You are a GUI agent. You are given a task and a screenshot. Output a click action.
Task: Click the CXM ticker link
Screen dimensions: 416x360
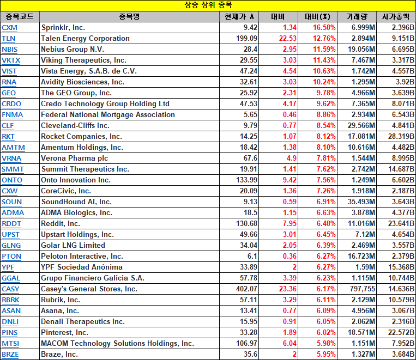(10, 28)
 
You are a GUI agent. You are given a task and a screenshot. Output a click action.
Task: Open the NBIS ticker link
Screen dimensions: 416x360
(10, 50)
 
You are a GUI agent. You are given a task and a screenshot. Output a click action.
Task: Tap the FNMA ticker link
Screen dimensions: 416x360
(12, 115)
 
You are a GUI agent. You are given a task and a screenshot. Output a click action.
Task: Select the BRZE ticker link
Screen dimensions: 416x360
(10, 355)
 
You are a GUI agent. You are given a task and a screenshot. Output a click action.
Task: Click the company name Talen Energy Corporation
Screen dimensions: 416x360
(85, 39)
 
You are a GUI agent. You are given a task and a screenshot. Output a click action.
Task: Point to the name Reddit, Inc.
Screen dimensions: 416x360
(60, 224)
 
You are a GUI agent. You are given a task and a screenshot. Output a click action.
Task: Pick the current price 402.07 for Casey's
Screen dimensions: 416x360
(246, 289)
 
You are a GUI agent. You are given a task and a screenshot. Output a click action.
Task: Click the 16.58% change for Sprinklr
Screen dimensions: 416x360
(324, 28)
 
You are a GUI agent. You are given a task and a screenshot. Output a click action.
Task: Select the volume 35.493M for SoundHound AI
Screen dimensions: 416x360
(361, 202)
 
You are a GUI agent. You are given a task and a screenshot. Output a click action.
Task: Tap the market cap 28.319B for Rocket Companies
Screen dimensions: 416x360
(401, 137)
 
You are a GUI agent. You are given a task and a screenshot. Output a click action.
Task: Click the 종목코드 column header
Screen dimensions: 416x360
(20, 17)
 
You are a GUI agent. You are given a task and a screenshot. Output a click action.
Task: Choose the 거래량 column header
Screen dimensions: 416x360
(357, 17)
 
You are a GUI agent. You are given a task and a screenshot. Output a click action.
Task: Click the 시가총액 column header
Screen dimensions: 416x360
(396, 17)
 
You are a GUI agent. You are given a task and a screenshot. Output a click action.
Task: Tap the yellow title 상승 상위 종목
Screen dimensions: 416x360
(208, 5)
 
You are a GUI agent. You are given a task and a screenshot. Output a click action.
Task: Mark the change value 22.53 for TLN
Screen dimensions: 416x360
(287, 39)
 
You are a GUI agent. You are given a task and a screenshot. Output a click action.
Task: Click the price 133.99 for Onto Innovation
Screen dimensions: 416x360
(246, 180)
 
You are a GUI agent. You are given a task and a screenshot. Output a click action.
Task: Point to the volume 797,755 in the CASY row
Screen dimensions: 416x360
(363, 289)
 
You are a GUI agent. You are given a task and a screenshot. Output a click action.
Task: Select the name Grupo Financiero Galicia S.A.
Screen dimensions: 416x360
(93, 278)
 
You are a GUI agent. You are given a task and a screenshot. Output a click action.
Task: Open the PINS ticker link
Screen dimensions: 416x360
(10, 333)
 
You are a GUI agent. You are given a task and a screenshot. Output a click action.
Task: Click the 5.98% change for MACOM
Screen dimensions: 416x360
(326, 344)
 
